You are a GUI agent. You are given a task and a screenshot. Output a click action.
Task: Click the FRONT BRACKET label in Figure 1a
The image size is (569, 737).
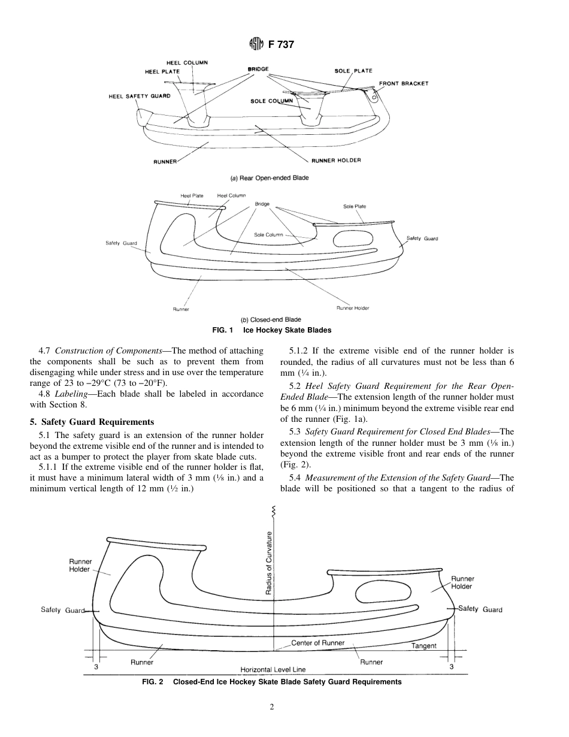click(403, 83)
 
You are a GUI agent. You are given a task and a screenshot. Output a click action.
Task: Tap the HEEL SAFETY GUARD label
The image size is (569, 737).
click(140, 96)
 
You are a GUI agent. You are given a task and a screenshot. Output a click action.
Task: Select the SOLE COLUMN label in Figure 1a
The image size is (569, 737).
click(271, 101)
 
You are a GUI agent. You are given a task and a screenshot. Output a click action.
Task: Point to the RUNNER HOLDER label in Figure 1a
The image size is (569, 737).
click(336, 161)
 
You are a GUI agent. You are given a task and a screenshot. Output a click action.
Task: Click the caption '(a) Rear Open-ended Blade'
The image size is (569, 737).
click(270, 178)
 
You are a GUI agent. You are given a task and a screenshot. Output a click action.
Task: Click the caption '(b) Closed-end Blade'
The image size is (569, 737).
click(271, 319)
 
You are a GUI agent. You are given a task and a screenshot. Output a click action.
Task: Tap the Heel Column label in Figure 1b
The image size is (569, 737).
click(231, 195)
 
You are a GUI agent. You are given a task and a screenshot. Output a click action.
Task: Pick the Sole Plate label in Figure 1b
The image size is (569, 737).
click(355, 206)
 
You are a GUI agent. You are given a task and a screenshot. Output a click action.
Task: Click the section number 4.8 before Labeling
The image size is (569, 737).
click(46, 394)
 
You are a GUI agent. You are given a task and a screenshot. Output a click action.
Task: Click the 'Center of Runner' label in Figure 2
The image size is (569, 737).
click(317, 643)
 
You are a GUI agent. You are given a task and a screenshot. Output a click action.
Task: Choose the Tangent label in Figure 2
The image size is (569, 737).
click(423, 646)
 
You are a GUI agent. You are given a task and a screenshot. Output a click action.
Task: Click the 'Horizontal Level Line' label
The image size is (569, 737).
click(273, 669)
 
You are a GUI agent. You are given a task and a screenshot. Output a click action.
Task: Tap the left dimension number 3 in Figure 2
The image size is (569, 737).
click(96, 666)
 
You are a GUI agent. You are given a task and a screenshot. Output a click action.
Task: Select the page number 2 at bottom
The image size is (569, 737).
click(271, 708)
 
